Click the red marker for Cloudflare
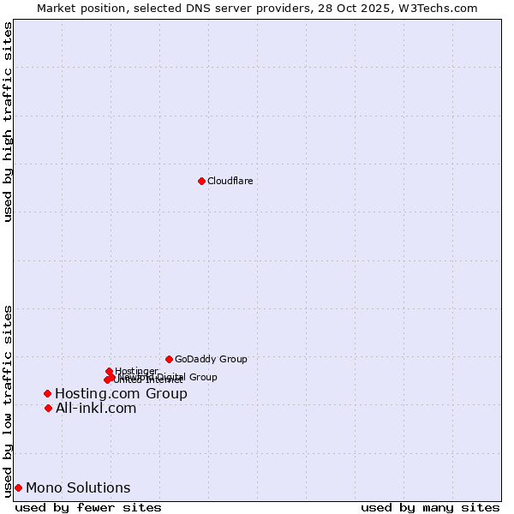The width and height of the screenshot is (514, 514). point(201,181)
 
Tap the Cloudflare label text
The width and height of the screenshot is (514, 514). point(230,181)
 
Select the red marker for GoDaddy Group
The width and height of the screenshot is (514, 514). point(169,359)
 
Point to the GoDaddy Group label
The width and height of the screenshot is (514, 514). point(211,360)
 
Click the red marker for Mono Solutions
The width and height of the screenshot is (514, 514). point(18,487)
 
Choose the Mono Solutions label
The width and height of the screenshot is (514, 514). point(78,488)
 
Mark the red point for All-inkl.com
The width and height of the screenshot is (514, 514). point(48,408)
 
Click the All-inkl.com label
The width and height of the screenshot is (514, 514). point(96,409)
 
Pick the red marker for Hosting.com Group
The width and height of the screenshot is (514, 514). point(48,393)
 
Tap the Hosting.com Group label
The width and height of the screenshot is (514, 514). point(121,394)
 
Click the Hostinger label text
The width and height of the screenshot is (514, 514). point(136,371)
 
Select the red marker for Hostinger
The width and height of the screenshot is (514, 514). point(109,371)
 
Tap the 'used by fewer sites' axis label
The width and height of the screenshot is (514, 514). point(88,507)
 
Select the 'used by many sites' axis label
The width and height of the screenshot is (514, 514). point(430,507)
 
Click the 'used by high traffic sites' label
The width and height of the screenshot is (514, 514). point(9,122)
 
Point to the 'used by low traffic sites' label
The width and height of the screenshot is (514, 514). point(9,401)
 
